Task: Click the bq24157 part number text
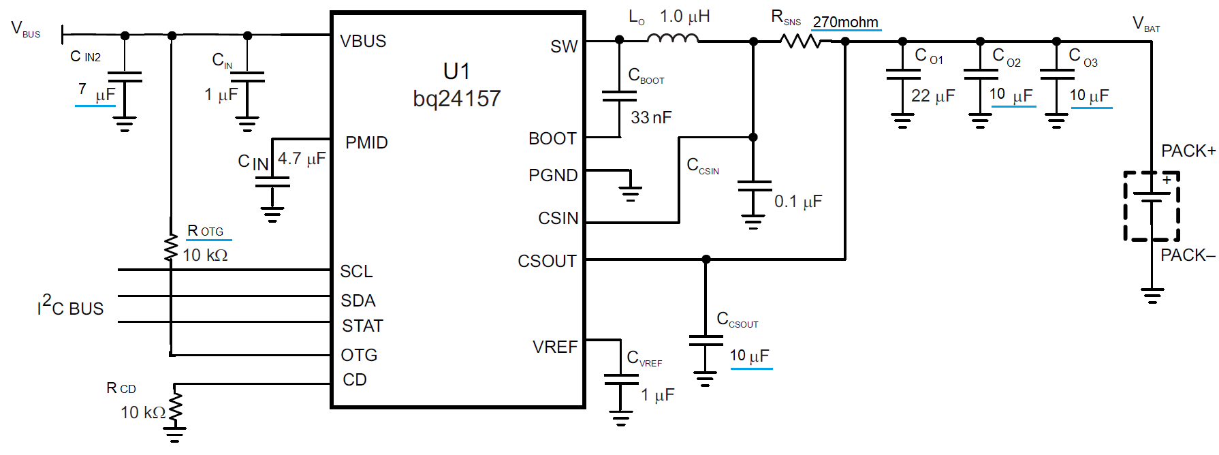456,99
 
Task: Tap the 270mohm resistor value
845,22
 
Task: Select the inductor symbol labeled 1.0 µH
673,39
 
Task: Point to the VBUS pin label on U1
363,42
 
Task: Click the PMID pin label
366,142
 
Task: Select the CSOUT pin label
547,261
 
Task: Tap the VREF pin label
555,347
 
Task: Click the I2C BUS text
71,306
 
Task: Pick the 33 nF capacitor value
651,118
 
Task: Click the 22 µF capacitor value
933,96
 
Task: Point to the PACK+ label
1188,151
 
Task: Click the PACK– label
1188,255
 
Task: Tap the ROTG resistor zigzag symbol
171,248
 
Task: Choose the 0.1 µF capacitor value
798,202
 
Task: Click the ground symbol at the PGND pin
631,193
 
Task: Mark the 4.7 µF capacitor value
302,159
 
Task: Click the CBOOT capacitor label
646,75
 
